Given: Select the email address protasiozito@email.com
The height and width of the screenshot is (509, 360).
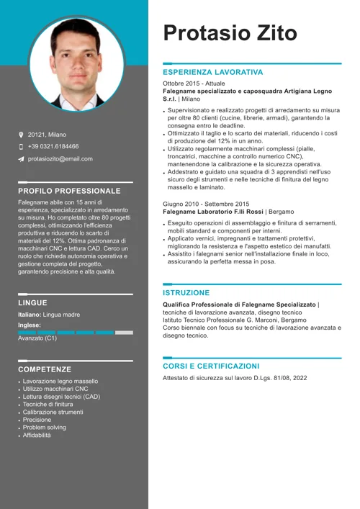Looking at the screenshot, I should point(60,159).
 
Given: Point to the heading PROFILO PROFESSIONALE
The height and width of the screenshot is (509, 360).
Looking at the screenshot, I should point(69,192).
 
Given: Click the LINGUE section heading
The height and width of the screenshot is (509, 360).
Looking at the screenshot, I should point(32,303).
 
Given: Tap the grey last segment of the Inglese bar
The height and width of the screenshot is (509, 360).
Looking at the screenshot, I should point(124,333).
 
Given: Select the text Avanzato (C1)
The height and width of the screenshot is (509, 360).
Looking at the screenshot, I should point(37,338).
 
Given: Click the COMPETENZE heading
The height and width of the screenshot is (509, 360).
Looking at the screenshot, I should point(45,369).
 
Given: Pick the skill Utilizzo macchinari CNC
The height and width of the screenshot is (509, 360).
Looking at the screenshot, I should point(55,389).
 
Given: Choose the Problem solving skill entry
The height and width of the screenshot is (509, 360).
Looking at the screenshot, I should point(44,428).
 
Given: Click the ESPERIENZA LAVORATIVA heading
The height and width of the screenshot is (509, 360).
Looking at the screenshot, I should point(212,73).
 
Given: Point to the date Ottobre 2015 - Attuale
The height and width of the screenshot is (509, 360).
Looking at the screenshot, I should point(194,84).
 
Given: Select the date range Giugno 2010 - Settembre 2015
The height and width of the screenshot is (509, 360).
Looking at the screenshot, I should point(206,204).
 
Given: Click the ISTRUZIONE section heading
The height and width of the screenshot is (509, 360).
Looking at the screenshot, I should point(186,293).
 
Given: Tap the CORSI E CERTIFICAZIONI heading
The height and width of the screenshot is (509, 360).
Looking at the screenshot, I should point(211,366).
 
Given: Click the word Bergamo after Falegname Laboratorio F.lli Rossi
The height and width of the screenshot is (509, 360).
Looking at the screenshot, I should point(282,212).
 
